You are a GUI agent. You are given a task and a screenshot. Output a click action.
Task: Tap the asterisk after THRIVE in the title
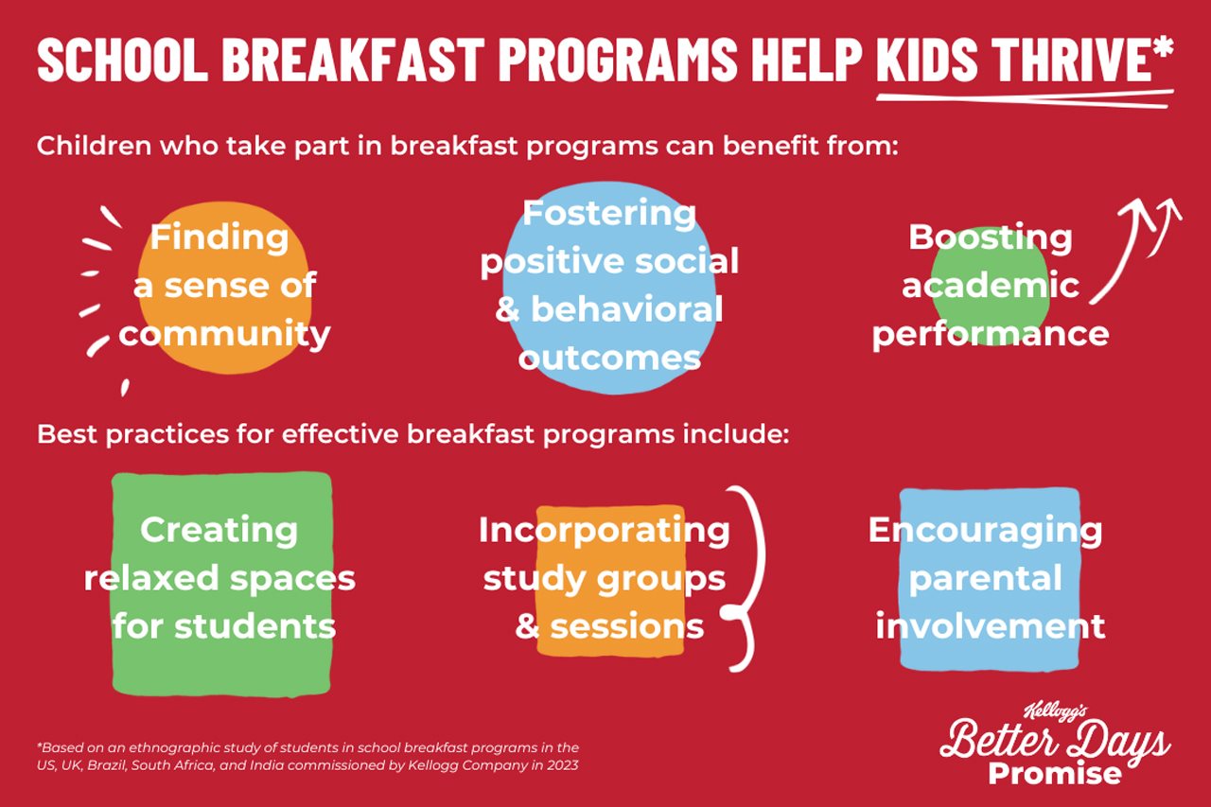[x=1163, y=47]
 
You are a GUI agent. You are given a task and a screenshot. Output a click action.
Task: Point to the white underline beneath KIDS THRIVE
[x=1025, y=98]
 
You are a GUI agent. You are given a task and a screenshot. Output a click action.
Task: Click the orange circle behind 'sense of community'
[x=224, y=288]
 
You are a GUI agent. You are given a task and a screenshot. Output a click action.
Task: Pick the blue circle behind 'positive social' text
[x=608, y=288]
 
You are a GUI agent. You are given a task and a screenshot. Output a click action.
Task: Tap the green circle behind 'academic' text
[x=990, y=286]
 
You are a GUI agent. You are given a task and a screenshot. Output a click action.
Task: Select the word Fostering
[x=608, y=214]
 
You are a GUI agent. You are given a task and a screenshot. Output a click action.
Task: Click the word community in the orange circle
[x=224, y=334]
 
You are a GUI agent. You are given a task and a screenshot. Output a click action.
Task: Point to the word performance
[x=991, y=335]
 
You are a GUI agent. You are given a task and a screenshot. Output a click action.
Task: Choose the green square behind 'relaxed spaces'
[x=221, y=584]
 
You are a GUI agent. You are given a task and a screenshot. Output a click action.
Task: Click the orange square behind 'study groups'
[x=611, y=581]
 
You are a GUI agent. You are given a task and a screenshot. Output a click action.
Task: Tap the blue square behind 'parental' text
[x=990, y=579]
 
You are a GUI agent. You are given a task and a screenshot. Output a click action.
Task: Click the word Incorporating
[x=605, y=531]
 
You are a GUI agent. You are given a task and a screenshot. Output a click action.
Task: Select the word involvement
[x=991, y=626]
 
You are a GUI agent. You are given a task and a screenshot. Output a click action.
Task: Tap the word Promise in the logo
[x=1055, y=774]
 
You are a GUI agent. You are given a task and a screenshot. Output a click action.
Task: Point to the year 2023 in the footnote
[x=564, y=765]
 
